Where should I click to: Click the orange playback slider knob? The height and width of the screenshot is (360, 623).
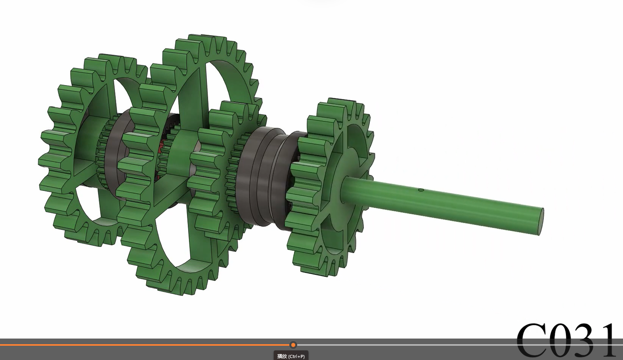pos(293,345)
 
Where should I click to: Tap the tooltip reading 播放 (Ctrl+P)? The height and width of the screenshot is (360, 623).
pos(291,356)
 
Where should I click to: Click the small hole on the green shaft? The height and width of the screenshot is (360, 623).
pos(421,190)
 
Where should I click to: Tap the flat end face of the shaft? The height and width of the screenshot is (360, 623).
pos(541,221)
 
